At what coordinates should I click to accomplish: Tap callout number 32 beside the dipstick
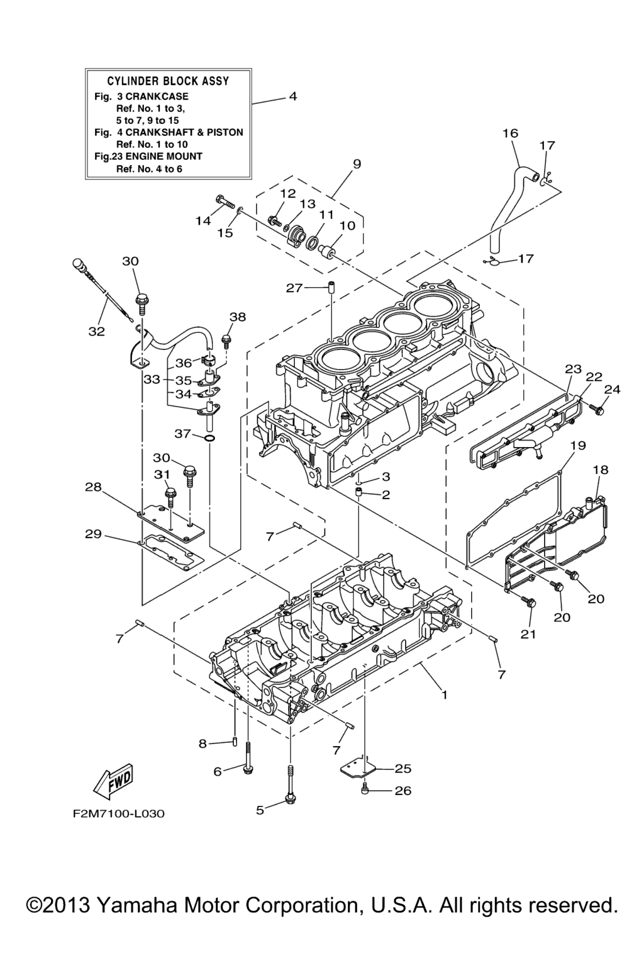[x=96, y=331]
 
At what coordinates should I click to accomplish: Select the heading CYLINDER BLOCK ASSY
[x=168, y=81]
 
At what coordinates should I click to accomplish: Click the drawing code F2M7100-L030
[x=118, y=814]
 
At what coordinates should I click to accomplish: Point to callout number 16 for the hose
[x=510, y=133]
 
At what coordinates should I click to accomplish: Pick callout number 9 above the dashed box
[x=357, y=164]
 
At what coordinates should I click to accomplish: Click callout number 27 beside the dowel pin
[x=294, y=288]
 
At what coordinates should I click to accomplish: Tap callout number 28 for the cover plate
[x=93, y=487]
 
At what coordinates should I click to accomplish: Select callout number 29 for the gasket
[x=93, y=534]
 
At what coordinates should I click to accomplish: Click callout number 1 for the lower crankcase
[x=444, y=695]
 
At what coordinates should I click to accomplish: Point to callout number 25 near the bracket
[x=403, y=768]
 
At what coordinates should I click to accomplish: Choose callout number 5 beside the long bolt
[x=260, y=810]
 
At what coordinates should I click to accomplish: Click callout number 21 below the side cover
[x=528, y=634]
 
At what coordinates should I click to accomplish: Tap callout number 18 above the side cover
[x=601, y=470]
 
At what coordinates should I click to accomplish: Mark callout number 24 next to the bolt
[x=612, y=390]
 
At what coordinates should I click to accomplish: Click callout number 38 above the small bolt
[x=238, y=317]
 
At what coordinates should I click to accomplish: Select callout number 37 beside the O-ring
[x=182, y=434]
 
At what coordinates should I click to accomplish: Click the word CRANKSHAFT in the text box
[x=155, y=132]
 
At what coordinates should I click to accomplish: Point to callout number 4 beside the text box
[x=292, y=96]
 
